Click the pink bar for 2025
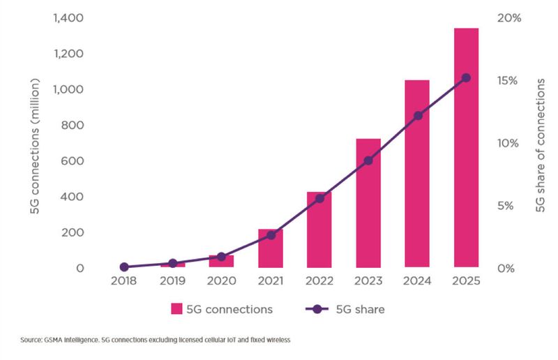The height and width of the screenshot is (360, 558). [467, 148]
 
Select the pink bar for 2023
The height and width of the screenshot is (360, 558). [368, 203]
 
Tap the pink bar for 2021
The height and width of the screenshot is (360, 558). [271, 248]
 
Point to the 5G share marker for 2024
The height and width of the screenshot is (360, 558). [418, 116]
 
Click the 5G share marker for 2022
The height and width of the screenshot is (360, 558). [320, 199]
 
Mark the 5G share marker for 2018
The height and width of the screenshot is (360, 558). [124, 267]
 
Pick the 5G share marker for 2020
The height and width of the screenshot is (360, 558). [222, 257]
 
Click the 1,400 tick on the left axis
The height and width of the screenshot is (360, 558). [67, 18]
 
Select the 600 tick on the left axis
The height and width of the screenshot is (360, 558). [73, 161]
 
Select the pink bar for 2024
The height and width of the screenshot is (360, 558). [418, 174]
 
